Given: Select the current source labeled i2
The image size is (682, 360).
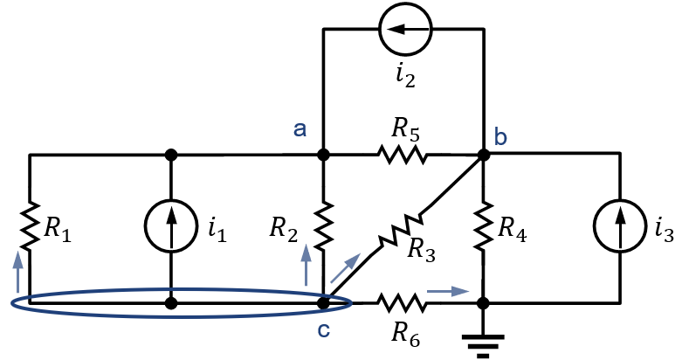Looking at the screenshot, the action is [x=405, y=29].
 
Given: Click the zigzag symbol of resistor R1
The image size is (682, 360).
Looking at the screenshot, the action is [x=29, y=226].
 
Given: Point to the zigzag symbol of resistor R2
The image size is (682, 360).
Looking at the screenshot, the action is [x=324, y=226].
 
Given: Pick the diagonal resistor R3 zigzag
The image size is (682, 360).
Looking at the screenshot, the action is [x=401, y=231].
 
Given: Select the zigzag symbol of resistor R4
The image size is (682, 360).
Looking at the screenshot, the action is [x=483, y=226].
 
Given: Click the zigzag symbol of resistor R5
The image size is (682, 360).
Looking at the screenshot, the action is [x=402, y=155].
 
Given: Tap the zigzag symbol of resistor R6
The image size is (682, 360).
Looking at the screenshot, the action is [x=402, y=303].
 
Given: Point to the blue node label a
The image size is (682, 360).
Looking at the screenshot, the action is [x=300, y=129].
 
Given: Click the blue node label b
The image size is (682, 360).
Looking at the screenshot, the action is [x=500, y=136].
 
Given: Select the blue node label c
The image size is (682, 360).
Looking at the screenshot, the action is [x=324, y=330].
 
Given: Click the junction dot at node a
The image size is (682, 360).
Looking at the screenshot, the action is [x=324, y=155].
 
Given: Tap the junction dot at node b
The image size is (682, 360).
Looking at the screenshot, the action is [x=483, y=155].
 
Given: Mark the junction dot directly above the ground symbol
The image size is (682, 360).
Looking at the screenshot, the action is [x=483, y=303].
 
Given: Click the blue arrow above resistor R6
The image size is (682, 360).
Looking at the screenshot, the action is [x=448, y=291].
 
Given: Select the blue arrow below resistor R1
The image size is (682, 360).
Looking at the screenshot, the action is [x=17, y=271].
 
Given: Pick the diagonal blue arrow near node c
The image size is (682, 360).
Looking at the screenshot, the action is [x=345, y=267].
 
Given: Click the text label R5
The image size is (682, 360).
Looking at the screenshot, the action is [x=405, y=130].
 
